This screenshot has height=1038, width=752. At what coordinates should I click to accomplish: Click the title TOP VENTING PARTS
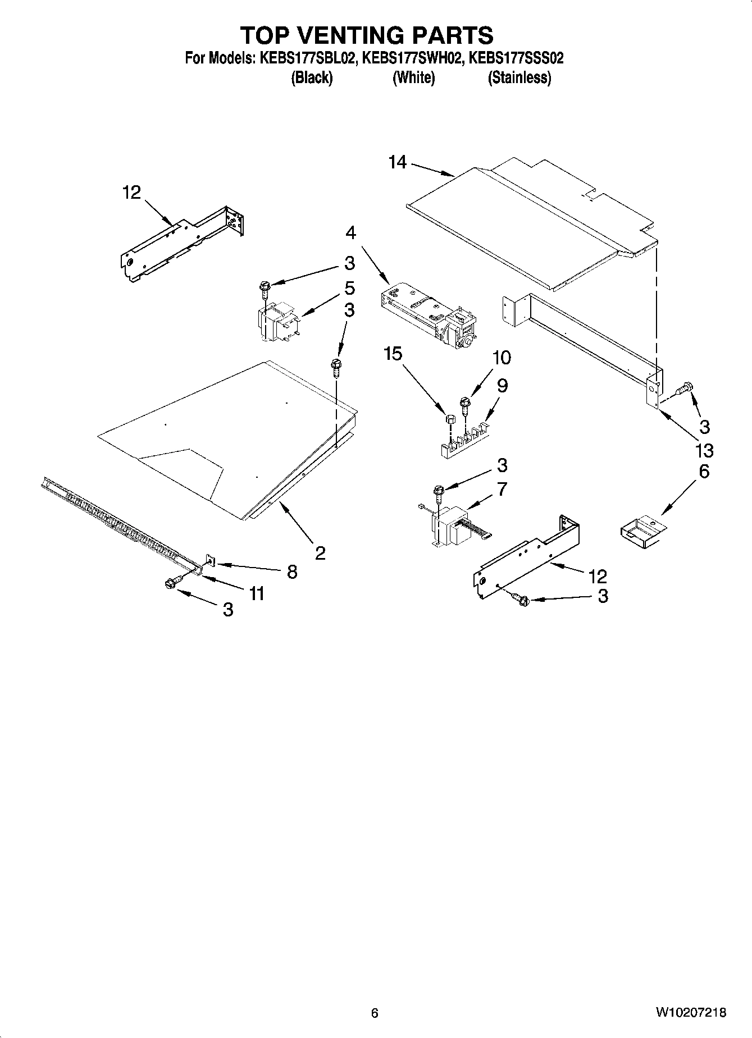[x=367, y=35]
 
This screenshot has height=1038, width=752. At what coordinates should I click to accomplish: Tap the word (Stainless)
[x=519, y=77]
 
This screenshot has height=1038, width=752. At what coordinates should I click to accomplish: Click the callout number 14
[x=397, y=162]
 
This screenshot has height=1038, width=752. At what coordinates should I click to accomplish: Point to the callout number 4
[x=350, y=232]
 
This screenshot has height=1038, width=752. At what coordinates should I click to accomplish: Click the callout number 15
[x=393, y=354]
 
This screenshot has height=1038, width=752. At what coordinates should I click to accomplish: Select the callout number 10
[x=502, y=358]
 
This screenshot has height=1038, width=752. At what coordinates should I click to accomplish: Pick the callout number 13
[x=704, y=450]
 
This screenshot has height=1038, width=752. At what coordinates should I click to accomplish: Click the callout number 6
[x=704, y=471]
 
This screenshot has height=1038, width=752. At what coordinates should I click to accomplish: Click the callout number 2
[x=320, y=554]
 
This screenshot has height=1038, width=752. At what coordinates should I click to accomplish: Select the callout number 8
[x=292, y=571]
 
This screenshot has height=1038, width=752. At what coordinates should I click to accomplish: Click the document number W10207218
[x=690, y=1013]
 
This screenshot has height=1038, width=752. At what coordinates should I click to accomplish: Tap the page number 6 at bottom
[x=375, y=1013]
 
